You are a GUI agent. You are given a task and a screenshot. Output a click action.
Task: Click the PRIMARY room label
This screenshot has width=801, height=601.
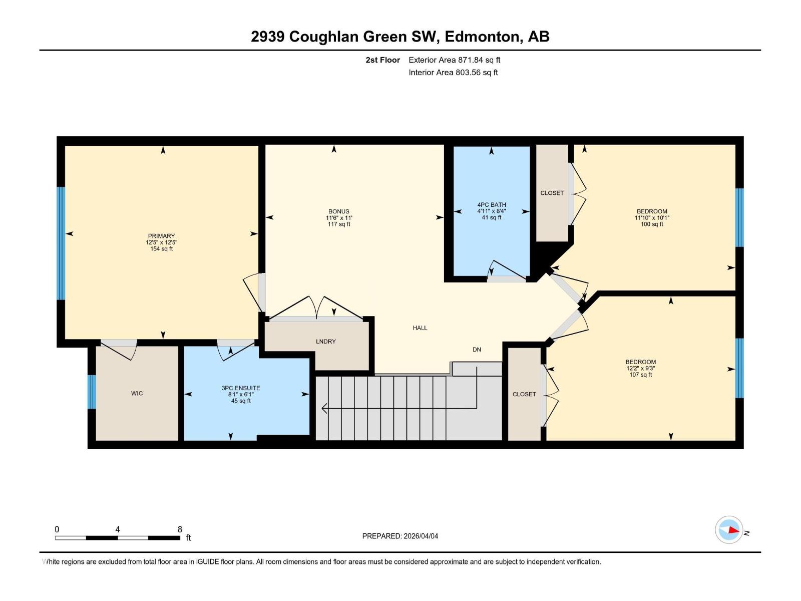[x=161, y=236]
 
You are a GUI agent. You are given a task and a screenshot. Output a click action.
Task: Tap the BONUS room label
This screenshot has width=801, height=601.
[x=338, y=211]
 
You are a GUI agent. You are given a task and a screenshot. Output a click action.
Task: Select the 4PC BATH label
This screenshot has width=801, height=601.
[x=491, y=204]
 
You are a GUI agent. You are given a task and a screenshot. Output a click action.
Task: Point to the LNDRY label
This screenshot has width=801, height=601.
[x=325, y=342]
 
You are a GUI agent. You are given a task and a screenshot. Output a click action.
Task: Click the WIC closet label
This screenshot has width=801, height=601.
[x=137, y=394]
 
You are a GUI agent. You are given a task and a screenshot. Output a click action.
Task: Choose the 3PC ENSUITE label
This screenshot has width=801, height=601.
[x=241, y=388]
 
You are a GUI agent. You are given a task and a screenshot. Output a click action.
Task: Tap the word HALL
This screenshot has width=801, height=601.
[x=420, y=328]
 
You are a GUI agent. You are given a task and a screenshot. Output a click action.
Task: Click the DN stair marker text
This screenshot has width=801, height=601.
[x=477, y=350]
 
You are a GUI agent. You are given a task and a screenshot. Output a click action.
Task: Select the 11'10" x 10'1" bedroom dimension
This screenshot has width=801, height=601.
[x=652, y=218]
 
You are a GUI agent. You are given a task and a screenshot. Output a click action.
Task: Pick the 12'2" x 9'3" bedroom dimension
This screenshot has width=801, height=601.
[x=640, y=368]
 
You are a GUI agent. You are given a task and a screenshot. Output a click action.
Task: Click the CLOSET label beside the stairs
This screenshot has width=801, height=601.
[x=524, y=395]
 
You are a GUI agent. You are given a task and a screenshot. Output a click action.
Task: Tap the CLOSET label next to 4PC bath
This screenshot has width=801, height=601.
[x=552, y=193]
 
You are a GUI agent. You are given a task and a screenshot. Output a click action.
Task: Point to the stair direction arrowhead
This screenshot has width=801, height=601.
[x=324, y=409]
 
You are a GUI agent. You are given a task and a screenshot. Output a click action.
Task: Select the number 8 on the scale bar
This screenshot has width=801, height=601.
[x=180, y=529]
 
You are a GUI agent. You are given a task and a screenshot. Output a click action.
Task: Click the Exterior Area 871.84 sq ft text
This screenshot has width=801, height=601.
[x=454, y=60]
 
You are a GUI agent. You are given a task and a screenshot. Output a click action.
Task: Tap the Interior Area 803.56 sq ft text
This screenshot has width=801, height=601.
[x=453, y=73]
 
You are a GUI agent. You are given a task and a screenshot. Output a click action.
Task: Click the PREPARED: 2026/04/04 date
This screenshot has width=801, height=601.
[x=400, y=536]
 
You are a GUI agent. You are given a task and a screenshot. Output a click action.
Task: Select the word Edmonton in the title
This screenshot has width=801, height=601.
[x=482, y=37]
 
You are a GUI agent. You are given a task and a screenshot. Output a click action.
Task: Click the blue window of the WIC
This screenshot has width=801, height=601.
[x=92, y=392]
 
